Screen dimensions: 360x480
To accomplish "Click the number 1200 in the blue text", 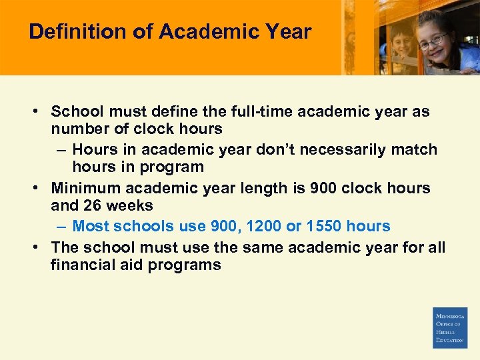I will tap(263, 226).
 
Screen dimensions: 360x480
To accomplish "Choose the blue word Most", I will tap(89, 226).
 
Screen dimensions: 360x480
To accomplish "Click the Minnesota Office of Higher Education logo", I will tap(450, 327).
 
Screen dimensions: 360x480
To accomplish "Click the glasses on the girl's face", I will tap(433, 40).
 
